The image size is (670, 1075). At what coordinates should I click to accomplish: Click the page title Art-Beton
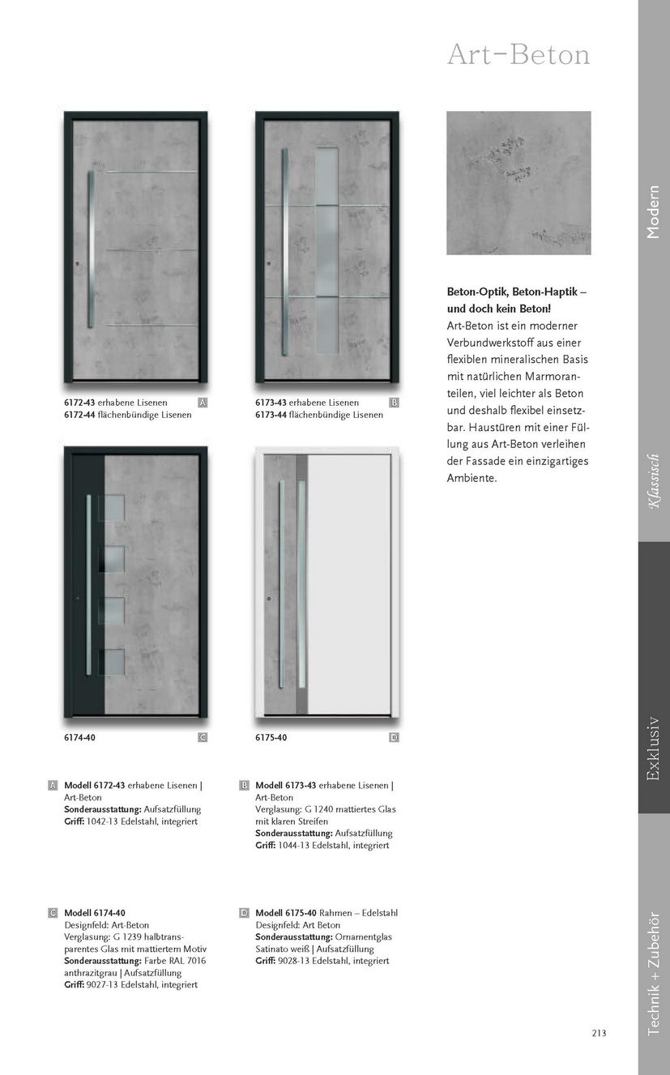click(519, 55)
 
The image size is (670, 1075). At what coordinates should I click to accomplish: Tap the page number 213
click(599, 1032)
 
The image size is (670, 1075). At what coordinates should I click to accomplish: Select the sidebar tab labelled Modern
click(653, 212)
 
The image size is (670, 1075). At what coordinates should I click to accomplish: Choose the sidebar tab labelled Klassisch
click(653, 481)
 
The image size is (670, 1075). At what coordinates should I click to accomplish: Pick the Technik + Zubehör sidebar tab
click(653, 973)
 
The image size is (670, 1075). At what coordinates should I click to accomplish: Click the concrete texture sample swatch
click(519, 183)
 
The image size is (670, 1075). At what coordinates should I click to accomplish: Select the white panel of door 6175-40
click(349, 583)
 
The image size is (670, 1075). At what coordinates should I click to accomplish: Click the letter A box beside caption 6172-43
click(203, 403)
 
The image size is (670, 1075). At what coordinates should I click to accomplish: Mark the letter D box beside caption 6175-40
click(394, 737)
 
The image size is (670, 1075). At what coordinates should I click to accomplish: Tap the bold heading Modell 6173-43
click(286, 786)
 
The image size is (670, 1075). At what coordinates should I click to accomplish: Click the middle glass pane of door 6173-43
click(326, 252)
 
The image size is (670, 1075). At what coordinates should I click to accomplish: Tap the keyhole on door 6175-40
click(268, 599)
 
